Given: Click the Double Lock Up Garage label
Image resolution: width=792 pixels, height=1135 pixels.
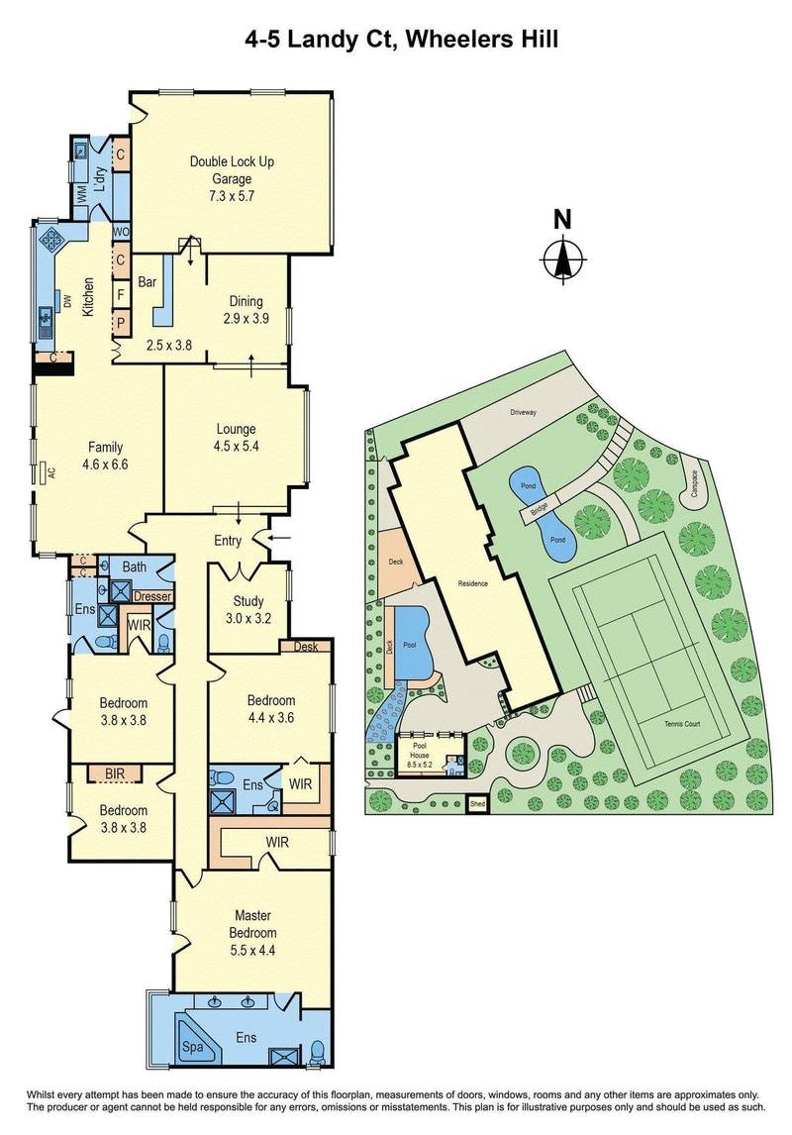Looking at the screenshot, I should pyautogui.click(x=231, y=178).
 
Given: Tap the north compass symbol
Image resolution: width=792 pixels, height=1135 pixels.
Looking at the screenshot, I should pyautogui.click(x=562, y=256).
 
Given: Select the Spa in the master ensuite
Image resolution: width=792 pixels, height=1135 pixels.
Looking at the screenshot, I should pyautogui.click(x=190, y=1044).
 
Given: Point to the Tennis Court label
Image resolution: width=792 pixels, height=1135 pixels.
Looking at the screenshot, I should pyautogui.click(x=682, y=724).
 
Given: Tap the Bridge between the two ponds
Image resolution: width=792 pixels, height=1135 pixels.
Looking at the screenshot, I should pyautogui.click(x=538, y=511).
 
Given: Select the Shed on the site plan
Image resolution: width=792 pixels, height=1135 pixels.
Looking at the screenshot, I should pyautogui.click(x=478, y=804).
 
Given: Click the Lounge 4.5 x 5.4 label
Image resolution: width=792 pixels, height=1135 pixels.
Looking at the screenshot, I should pyautogui.click(x=237, y=437).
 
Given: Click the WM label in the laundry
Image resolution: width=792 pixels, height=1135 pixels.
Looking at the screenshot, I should pyautogui.click(x=83, y=196).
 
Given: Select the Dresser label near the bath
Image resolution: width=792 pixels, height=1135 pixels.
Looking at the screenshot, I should pyautogui.click(x=152, y=597).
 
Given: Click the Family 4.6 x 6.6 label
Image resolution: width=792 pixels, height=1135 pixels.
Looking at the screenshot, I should pyautogui.click(x=105, y=455).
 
